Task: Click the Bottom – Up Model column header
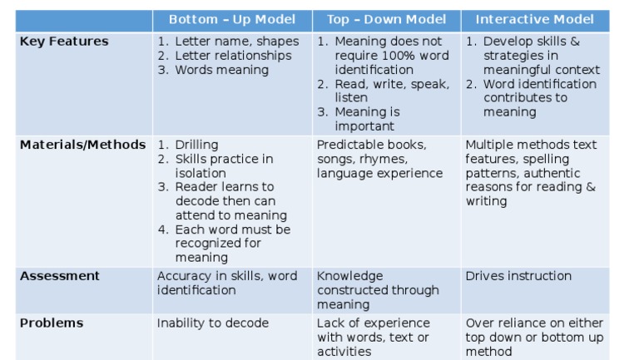(232, 20)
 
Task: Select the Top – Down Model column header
(387, 20)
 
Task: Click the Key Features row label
(64, 42)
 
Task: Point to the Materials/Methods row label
(82, 145)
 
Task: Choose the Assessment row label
(60, 276)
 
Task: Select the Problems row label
(52, 323)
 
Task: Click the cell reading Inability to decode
(213, 323)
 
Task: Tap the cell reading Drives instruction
(518, 276)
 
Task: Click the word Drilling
(196, 145)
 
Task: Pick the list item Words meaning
(221, 70)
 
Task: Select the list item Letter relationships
(233, 56)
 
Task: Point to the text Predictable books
(372, 145)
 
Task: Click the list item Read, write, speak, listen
(391, 91)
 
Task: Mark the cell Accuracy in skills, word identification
(226, 283)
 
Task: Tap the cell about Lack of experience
(374, 337)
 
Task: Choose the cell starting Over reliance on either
(534, 337)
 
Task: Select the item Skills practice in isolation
(223, 165)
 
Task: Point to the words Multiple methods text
(531, 145)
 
